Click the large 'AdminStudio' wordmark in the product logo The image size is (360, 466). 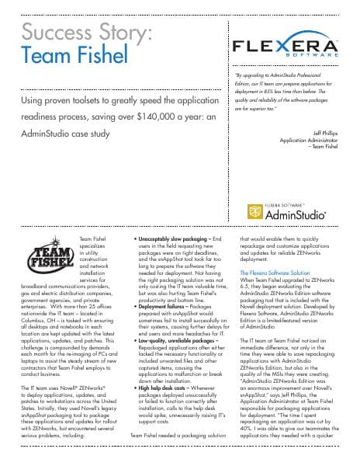point(297,213)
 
